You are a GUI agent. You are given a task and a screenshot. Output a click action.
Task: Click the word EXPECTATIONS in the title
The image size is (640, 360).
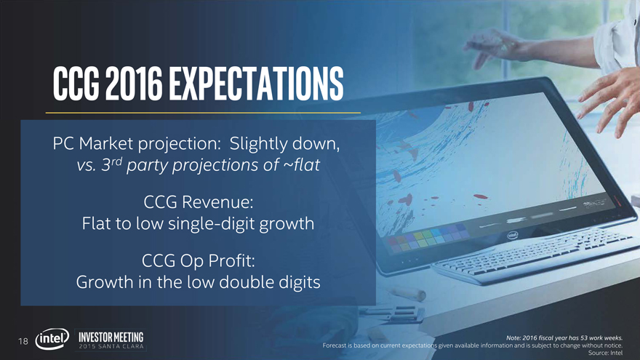[x=256, y=84]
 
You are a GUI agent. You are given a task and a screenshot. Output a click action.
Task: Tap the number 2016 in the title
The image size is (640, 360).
[x=134, y=84]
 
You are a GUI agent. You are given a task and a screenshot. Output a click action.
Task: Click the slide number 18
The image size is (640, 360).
[x=23, y=341]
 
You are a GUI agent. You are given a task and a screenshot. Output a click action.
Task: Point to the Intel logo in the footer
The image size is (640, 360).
[x=52, y=339]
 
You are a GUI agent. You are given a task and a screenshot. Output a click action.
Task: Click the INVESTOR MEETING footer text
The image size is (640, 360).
[x=111, y=337]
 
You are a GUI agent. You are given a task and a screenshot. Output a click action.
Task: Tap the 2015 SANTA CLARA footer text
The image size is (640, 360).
[x=111, y=346]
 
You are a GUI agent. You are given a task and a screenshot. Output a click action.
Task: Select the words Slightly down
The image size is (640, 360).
[x=284, y=144]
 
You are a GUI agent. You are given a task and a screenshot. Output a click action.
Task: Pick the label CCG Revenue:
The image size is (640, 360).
[x=199, y=202]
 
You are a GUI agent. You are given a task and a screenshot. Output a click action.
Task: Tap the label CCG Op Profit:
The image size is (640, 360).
[x=199, y=261]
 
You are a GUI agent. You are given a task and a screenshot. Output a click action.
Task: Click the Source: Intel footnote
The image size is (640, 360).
[x=605, y=353]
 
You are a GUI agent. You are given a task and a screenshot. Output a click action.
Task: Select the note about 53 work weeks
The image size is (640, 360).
[x=564, y=337]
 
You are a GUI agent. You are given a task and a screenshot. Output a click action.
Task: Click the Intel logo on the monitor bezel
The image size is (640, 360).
[x=512, y=235]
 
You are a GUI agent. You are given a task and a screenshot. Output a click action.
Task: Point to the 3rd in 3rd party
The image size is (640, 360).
[x=111, y=164]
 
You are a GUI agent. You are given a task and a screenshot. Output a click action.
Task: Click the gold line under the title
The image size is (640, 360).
[x=203, y=113]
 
